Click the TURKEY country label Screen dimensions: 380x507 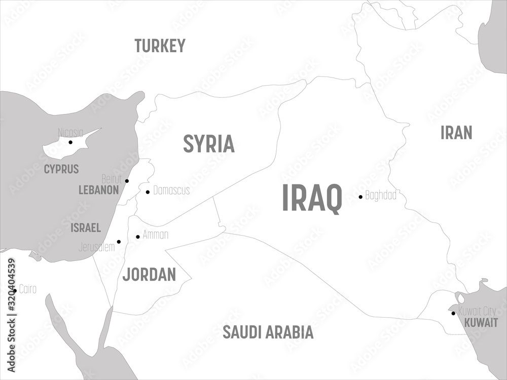point(160,46)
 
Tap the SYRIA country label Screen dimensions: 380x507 point(209,144)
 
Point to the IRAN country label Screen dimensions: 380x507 point(456,133)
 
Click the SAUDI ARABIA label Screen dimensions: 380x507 point(268,333)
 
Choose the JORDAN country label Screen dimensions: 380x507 point(149,275)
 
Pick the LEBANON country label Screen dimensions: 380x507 point(98,191)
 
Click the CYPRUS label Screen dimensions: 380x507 point(61,169)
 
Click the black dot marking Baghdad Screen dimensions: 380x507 point(360,197)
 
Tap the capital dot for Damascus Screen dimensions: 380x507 point(148,192)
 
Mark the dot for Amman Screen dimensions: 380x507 point(138,237)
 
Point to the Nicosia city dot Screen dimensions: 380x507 point(70,142)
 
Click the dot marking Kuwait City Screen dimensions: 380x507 point(453,313)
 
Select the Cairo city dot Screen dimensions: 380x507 point(15,290)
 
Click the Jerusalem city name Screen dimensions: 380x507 point(97,248)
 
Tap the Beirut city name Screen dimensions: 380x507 point(112,178)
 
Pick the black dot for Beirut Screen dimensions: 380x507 point(127,181)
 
